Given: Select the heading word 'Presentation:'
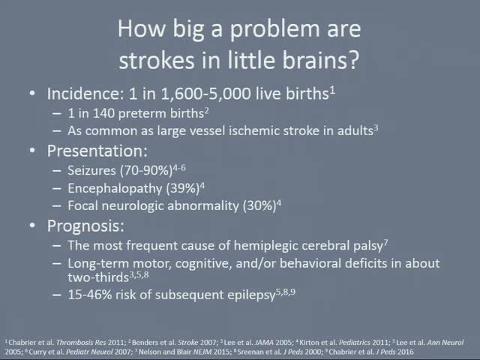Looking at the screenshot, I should (97, 151).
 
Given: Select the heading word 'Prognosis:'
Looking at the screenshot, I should (85, 225).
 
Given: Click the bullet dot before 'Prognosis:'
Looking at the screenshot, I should (32, 225).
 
